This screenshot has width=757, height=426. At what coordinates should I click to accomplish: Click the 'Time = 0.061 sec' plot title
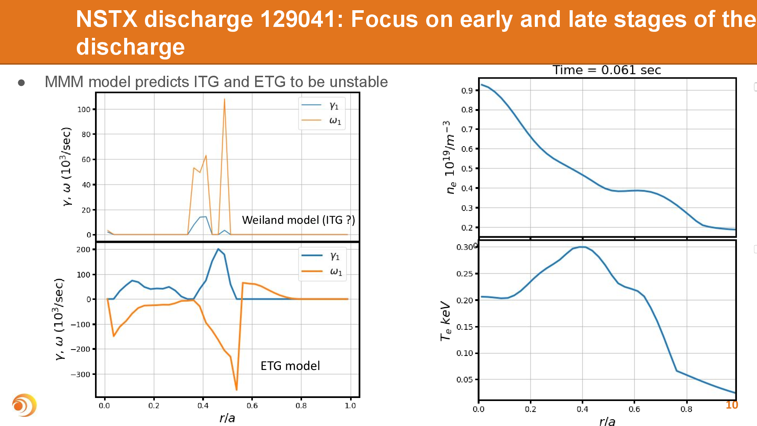pyautogui.click(x=606, y=70)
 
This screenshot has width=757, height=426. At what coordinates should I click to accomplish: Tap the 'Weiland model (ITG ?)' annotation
pyautogui.click(x=298, y=220)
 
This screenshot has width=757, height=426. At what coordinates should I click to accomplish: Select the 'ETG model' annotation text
pyautogui.click(x=290, y=366)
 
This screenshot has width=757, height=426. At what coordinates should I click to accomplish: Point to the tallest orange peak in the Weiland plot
pyautogui.click(x=224, y=100)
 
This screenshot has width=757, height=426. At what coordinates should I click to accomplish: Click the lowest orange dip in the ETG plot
pyautogui.click(x=237, y=389)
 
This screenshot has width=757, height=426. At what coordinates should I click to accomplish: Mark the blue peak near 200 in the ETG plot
pyautogui.click(x=218, y=249)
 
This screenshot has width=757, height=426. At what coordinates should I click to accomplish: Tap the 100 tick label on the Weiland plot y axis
pyautogui.click(x=84, y=109)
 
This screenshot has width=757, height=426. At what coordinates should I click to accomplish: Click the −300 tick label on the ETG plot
pyautogui.click(x=80, y=375)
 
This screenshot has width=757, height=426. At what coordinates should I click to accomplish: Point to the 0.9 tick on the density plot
pyautogui.click(x=467, y=91)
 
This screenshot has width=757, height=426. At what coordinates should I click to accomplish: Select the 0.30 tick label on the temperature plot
pyautogui.click(x=464, y=247)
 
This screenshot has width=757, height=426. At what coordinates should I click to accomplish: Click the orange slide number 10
pyautogui.click(x=732, y=405)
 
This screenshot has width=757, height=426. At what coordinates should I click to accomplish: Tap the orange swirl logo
pyautogui.click(x=24, y=406)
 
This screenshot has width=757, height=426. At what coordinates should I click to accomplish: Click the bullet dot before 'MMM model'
pyautogui.click(x=22, y=83)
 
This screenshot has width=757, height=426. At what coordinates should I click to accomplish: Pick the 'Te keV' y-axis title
pyautogui.click(x=446, y=321)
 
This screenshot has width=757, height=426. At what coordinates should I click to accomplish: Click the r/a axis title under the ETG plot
pyautogui.click(x=227, y=418)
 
